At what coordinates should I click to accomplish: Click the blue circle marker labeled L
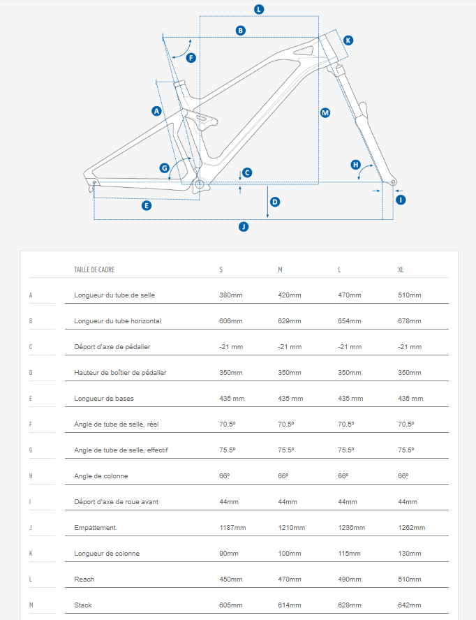coord(259,10)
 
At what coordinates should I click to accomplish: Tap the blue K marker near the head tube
coord(348,40)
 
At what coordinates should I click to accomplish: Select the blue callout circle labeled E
coord(147,205)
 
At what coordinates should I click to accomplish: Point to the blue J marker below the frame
coord(244,227)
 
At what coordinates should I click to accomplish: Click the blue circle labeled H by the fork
coord(355,165)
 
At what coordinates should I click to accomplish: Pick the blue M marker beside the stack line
coord(325,112)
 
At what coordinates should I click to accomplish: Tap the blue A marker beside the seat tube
coord(156,111)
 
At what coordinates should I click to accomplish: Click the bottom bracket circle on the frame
coord(199,184)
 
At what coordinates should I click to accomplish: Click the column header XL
coord(401,270)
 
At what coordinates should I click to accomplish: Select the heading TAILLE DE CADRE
coord(94,270)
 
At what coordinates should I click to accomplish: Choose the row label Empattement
coord(95,527)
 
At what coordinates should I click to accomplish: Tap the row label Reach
coord(84,580)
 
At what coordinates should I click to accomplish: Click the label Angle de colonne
coord(101,476)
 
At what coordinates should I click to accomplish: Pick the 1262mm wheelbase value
coord(412,527)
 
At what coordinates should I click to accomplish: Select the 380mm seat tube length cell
coord(231,295)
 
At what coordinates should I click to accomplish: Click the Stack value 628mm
coord(350,605)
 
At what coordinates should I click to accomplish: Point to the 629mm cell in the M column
coord(290,321)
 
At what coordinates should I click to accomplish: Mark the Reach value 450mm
coord(231,580)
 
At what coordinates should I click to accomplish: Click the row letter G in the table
coord(31,450)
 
